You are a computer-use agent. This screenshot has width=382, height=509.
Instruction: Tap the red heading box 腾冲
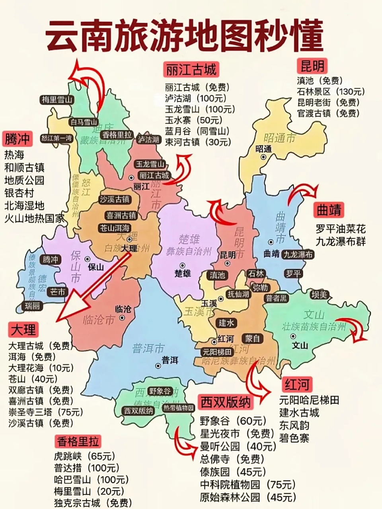tap(17, 139)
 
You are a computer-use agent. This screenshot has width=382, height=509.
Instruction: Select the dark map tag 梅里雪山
tap(57, 99)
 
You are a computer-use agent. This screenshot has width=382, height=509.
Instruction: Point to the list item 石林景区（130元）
tap(331, 91)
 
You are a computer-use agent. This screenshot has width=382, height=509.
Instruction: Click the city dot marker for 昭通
tap(263, 157)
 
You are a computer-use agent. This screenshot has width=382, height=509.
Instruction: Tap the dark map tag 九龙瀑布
tap(298, 254)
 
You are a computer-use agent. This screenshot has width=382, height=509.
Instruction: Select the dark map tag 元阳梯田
tap(217, 352)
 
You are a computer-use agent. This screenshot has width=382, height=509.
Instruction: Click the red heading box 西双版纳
tap(226, 402)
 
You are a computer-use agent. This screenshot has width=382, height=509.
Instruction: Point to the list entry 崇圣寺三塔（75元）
tap(46, 412)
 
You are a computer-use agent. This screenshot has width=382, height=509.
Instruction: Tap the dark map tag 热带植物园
tap(178, 408)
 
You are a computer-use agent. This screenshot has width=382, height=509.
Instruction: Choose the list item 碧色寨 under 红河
tap(294, 438)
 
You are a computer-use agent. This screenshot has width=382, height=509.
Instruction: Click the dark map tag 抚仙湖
tap(238, 294)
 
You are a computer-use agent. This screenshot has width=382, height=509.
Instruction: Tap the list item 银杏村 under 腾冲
tap(19, 193)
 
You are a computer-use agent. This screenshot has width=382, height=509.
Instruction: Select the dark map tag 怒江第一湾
tap(57, 138)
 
